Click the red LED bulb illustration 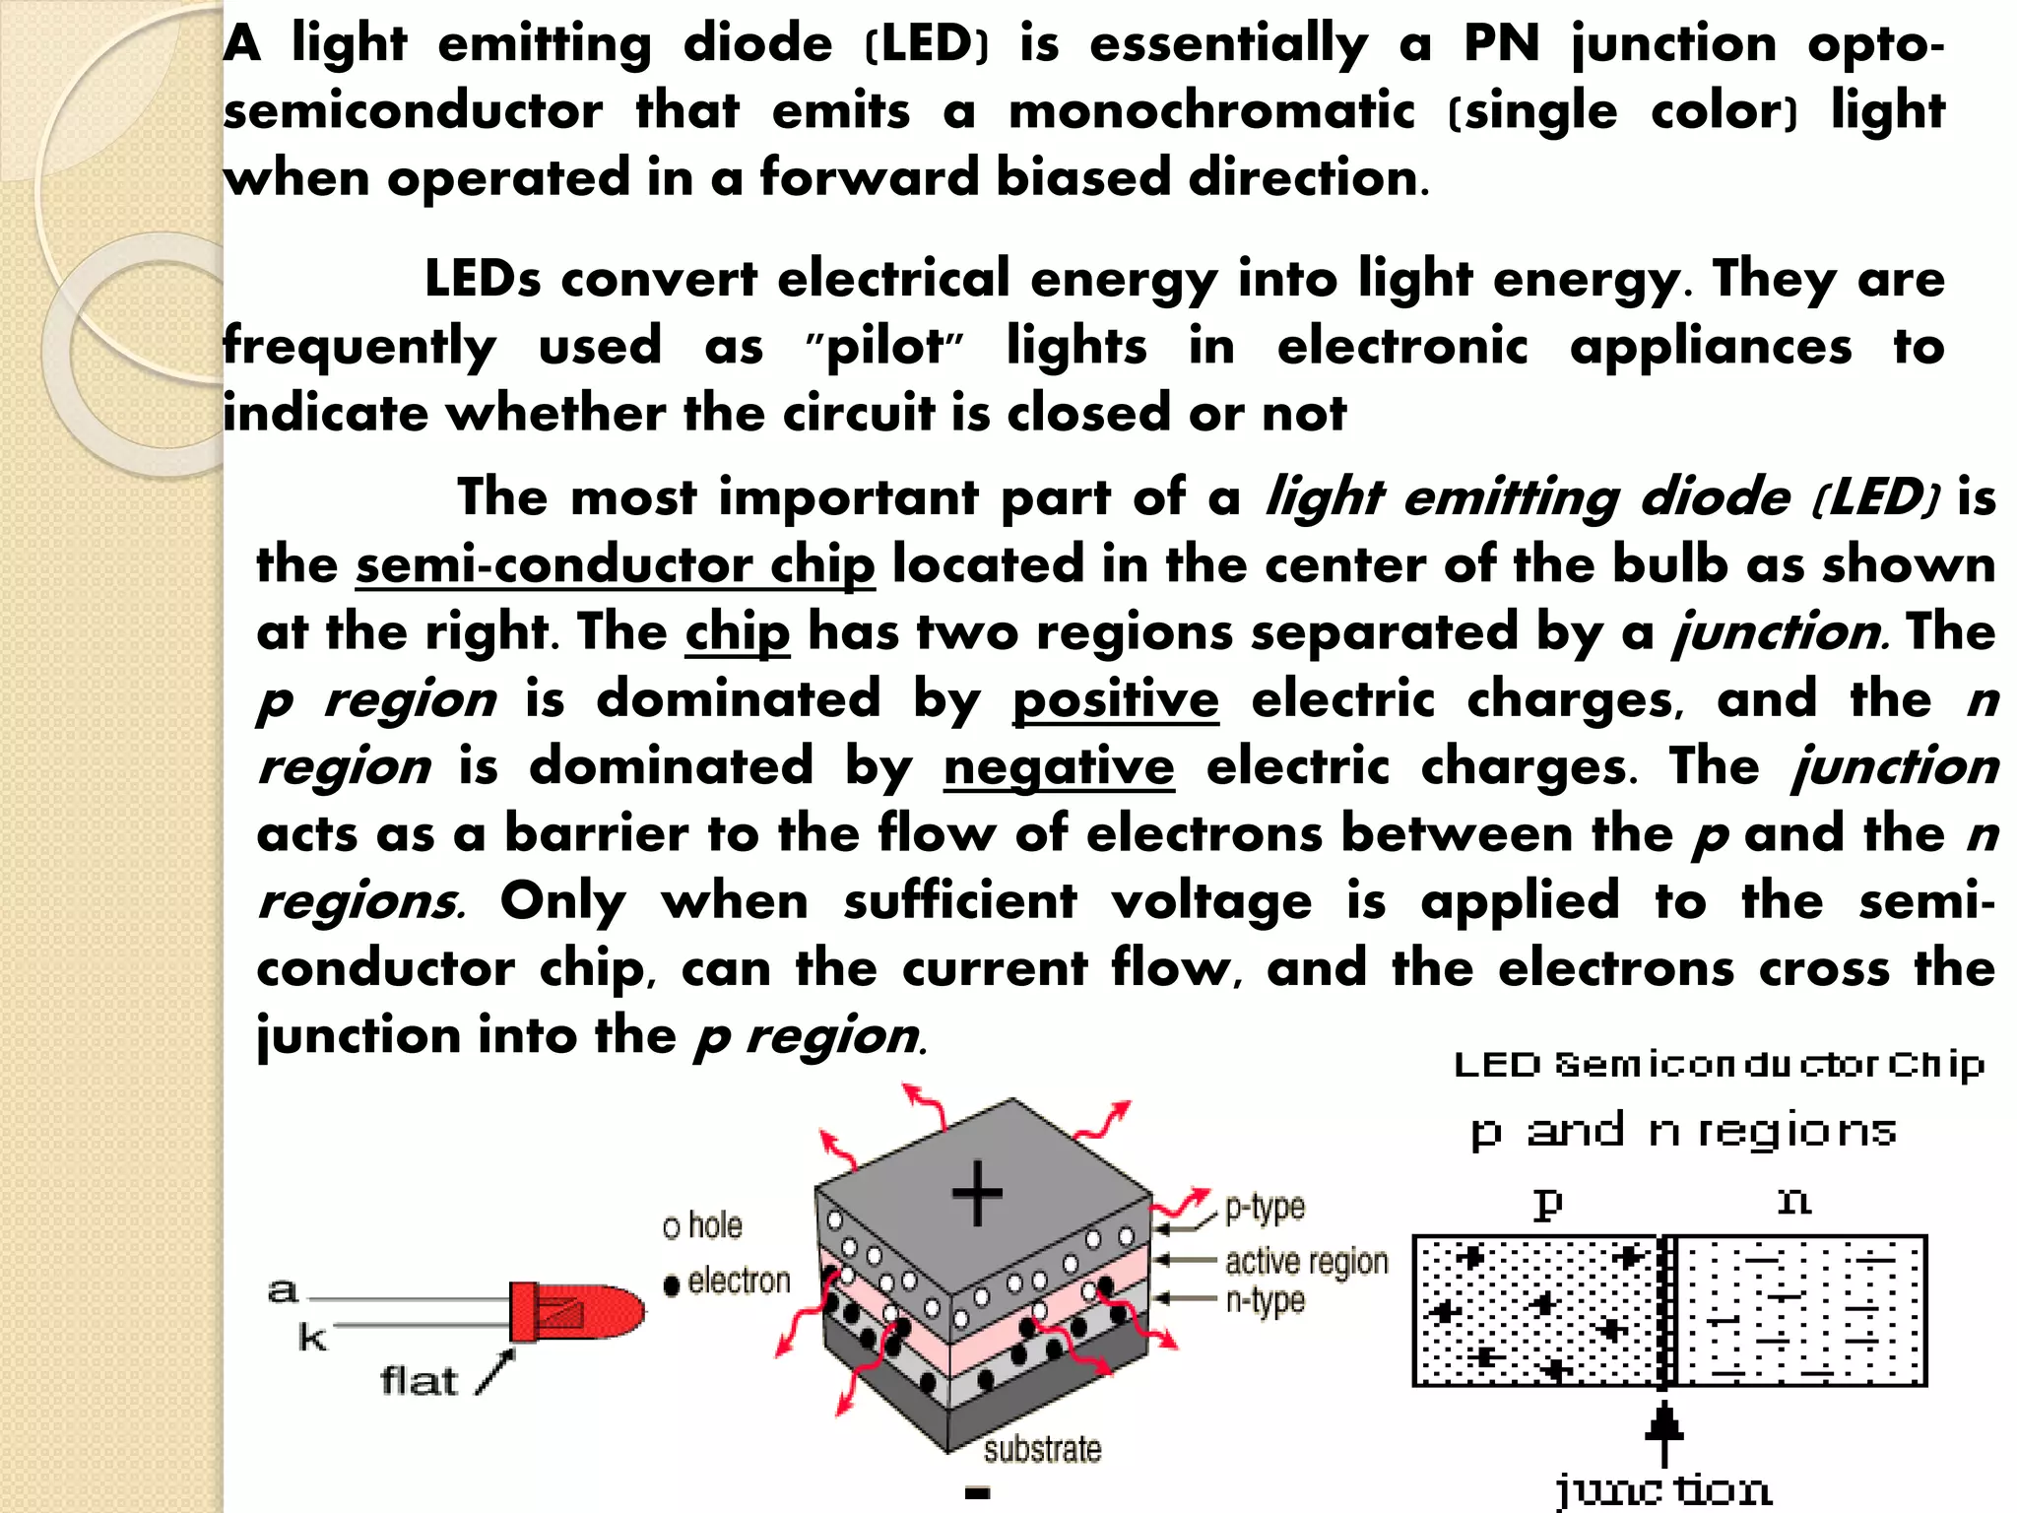pyautogui.click(x=576, y=1312)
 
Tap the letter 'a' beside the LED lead pyautogui.click(x=283, y=1290)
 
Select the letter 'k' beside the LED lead pyautogui.click(x=312, y=1338)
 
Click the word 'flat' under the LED pyautogui.click(x=419, y=1381)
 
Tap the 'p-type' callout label pyautogui.click(x=1265, y=1208)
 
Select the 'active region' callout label pyautogui.click(x=1306, y=1261)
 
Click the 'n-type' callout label pyautogui.click(x=1265, y=1300)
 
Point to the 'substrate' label pyautogui.click(x=1042, y=1449)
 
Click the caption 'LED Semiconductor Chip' pyautogui.click(x=1719, y=1065)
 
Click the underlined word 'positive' pyautogui.click(x=1116, y=700)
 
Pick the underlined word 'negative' pyautogui.click(x=1059, y=767)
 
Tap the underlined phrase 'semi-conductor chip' pyautogui.click(x=615, y=565)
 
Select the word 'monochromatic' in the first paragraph pyautogui.click(x=1211, y=110)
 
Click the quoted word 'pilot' pyautogui.click(x=884, y=347)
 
